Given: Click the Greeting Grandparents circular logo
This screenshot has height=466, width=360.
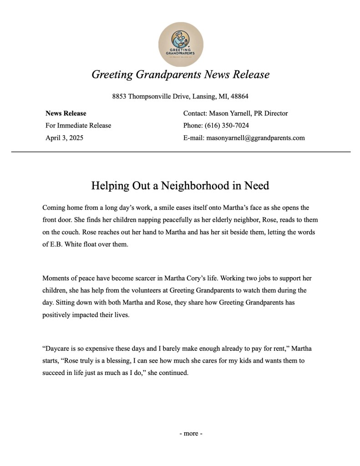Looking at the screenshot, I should (x=181, y=44).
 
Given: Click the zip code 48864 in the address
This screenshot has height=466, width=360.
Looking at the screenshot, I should (x=239, y=96).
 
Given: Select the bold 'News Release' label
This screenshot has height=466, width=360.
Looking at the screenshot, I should (x=66, y=113).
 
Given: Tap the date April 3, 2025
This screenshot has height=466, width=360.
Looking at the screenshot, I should (x=64, y=137).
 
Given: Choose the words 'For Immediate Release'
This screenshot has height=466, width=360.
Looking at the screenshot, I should (x=78, y=126).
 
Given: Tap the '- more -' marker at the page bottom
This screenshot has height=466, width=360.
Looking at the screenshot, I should (x=191, y=433).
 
